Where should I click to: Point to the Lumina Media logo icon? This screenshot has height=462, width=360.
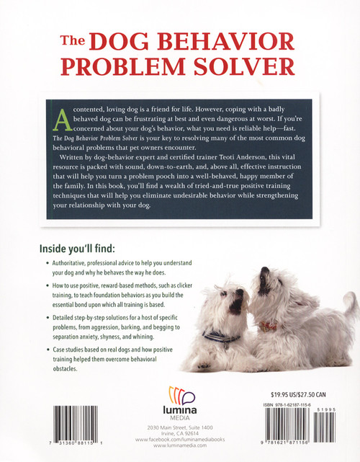pyautogui.click(x=180, y=394)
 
